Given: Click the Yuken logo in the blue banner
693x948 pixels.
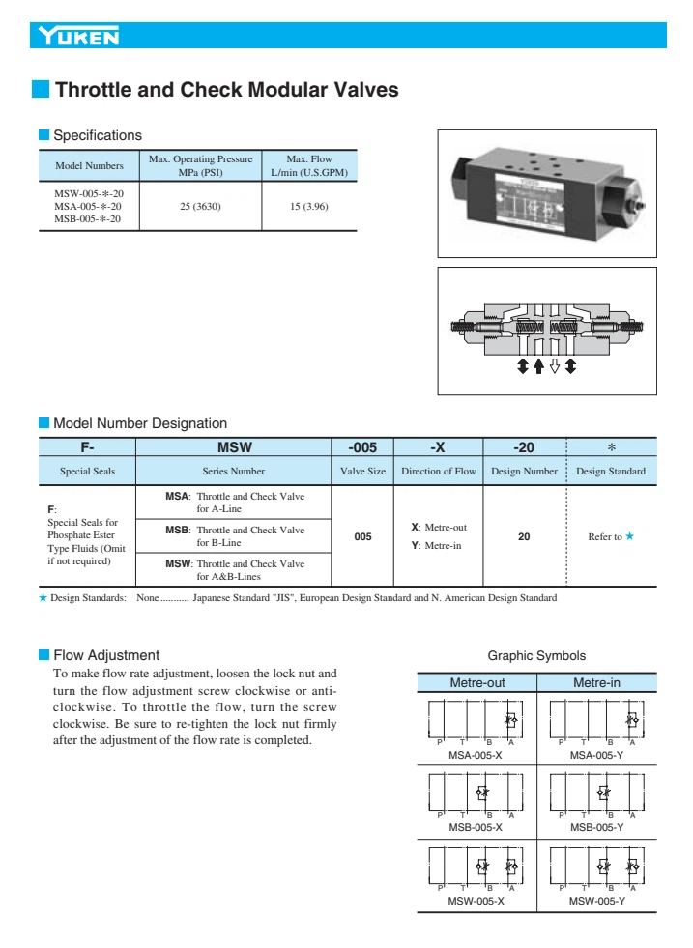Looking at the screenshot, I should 79,38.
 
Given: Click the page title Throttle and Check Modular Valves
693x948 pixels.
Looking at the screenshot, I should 227,90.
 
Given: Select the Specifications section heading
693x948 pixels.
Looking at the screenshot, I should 97,135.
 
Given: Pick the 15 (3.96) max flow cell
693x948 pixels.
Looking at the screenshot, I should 309,207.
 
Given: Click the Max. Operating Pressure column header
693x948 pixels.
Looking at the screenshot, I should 200,165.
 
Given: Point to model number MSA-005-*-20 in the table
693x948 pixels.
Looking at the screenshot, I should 88,206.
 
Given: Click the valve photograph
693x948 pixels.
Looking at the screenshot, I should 546,193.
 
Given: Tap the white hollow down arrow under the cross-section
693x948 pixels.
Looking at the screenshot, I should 555,366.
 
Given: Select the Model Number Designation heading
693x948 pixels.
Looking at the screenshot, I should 140,423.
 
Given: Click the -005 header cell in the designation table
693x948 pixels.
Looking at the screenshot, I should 362,447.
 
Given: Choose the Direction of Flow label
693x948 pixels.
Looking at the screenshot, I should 439,471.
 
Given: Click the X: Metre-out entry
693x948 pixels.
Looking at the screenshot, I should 439,528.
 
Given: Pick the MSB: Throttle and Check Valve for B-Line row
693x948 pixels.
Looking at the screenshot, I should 234,535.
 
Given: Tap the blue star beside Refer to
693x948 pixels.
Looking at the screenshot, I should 630,536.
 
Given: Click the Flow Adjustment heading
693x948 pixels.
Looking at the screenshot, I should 105,655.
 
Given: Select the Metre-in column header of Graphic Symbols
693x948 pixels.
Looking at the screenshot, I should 596,683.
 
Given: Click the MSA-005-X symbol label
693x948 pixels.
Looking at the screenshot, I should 476,754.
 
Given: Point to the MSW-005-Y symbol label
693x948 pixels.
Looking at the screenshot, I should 596,901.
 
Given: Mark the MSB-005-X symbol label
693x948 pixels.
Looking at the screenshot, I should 476,827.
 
